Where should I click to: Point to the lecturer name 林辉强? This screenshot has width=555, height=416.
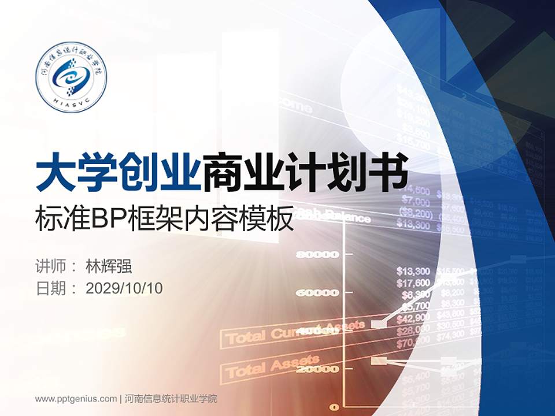pyautogui.click(x=109, y=266)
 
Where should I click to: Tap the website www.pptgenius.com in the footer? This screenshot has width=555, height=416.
pyautogui.click(x=76, y=399)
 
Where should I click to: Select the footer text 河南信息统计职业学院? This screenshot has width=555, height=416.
pyautogui.click(x=171, y=399)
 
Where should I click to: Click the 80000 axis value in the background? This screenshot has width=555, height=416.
pyautogui.click(x=317, y=254)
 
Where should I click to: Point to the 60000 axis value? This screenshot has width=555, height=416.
pyautogui.click(x=317, y=293)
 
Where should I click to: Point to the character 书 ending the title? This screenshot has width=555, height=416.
pyautogui.click(x=388, y=171)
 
